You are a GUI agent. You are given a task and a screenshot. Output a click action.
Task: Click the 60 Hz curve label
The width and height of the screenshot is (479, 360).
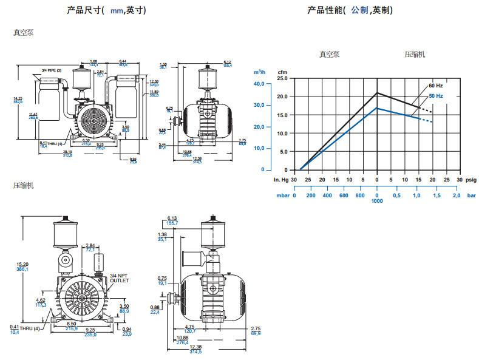click(437, 86)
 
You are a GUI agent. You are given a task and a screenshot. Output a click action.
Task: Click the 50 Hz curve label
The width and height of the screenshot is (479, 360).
click(437, 96)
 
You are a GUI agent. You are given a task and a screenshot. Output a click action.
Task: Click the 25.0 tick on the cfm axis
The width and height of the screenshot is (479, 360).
click(282, 78)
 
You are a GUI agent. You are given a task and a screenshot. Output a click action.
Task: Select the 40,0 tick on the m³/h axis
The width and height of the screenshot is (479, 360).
click(259, 84)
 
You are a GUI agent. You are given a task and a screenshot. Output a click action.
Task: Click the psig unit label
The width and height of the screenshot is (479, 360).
click(471, 180)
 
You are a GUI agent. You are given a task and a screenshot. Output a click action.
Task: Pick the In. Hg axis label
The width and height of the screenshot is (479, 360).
click(280, 180)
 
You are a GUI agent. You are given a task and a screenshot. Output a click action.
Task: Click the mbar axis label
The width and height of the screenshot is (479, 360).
click(282, 195)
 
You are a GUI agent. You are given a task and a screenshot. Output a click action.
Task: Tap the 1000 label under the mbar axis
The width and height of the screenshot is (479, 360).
click(377, 202)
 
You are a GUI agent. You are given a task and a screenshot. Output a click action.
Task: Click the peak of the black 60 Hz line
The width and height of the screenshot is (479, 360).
click(377, 93)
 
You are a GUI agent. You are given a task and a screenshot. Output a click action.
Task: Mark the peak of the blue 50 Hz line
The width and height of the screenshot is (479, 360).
click(377, 108)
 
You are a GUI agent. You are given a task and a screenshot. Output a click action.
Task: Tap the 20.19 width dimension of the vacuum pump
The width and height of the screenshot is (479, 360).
click(67, 152)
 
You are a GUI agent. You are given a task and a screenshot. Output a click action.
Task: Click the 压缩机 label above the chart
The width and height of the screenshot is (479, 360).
click(415, 54)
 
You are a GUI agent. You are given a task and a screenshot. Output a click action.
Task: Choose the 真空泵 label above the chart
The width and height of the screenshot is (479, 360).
click(330, 54)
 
